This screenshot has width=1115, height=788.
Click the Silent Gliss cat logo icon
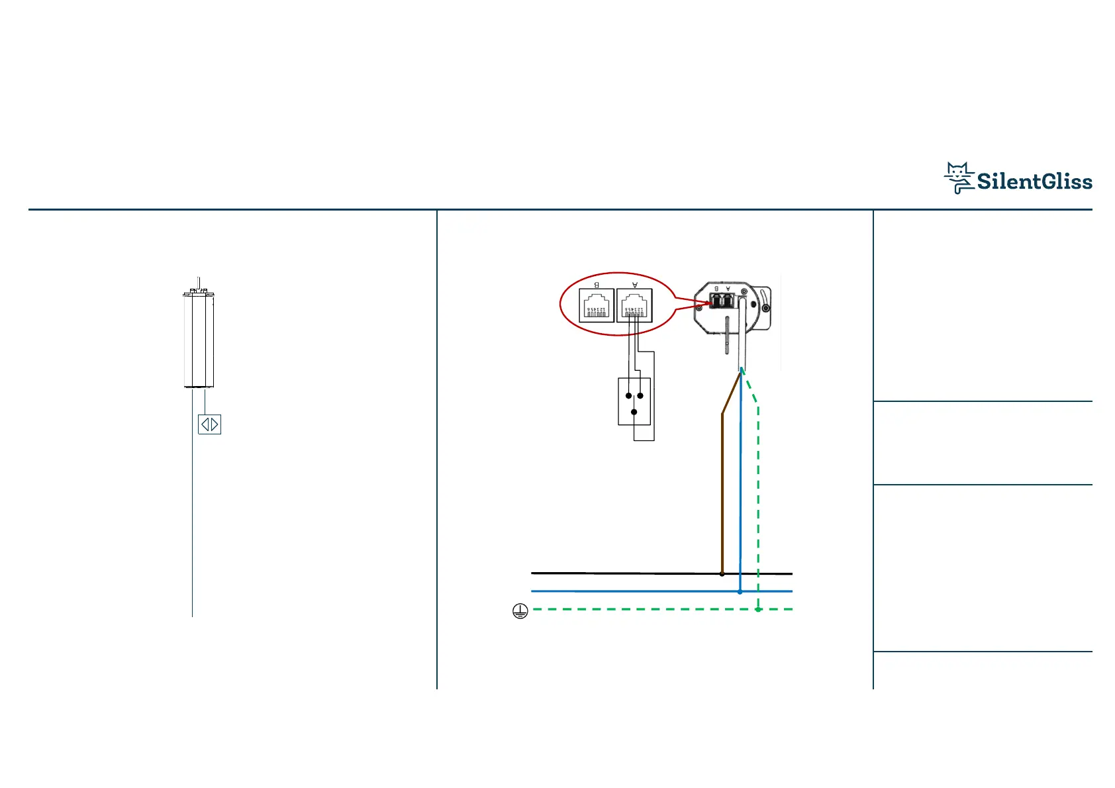[x=959, y=177]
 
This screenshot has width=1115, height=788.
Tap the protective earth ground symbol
[x=520, y=611]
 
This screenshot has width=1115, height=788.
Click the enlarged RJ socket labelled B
[x=596, y=305]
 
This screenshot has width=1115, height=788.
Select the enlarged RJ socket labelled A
[x=634, y=305]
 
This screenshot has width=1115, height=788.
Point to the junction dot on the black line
[x=722, y=573]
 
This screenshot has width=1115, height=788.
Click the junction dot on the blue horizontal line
[x=740, y=591]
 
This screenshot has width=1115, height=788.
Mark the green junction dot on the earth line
[x=758, y=609]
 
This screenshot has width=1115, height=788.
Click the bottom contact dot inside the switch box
[x=634, y=412]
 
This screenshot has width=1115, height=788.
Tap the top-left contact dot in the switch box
[x=628, y=396]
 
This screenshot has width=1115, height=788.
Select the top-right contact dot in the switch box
[x=640, y=396]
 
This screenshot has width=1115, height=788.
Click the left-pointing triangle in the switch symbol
[x=205, y=424]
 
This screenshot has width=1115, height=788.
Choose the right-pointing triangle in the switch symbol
[x=215, y=424]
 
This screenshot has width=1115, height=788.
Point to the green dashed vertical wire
[x=758, y=503]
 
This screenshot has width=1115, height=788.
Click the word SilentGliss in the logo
[x=1034, y=181]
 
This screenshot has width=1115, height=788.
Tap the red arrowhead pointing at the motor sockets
[x=703, y=305]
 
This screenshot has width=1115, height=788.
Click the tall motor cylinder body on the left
[x=199, y=341]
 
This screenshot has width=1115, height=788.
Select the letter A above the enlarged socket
[x=635, y=285]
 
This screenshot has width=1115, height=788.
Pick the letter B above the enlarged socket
[x=597, y=285]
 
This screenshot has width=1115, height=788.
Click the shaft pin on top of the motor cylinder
[x=199, y=283]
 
